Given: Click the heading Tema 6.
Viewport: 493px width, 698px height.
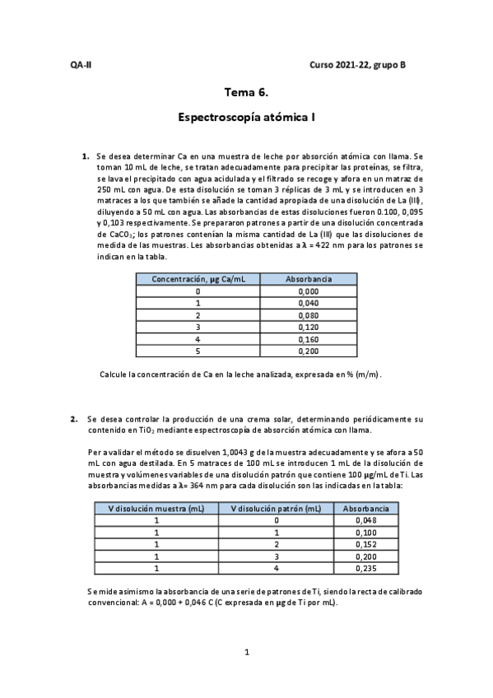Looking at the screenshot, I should [x=246, y=93].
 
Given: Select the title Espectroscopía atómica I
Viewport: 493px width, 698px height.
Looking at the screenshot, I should [x=246, y=118].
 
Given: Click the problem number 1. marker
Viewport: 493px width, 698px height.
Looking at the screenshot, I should [x=85, y=156].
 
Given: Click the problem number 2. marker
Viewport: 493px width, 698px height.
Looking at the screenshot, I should [x=74, y=418].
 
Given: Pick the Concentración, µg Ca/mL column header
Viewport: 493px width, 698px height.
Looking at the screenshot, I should [x=198, y=280].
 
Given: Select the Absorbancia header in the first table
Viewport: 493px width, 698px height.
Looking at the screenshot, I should [x=308, y=280].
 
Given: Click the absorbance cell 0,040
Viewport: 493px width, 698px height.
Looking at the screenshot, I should [x=308, y=303].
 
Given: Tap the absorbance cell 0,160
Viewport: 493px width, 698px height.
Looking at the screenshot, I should [x=308, y=338].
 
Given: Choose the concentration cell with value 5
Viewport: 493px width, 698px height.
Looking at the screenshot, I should [x=198, y=351].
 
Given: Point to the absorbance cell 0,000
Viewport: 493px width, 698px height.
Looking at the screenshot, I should [x=308, y=291].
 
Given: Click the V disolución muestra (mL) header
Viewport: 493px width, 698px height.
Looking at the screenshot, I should [x=156, y=509].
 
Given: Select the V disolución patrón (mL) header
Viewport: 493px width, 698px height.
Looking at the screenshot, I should [x=277, y=509].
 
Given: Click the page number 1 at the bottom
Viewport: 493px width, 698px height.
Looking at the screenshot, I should [x=246, y=653].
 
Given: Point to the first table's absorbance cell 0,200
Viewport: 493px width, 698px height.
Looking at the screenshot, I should [x=308, y=351].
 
